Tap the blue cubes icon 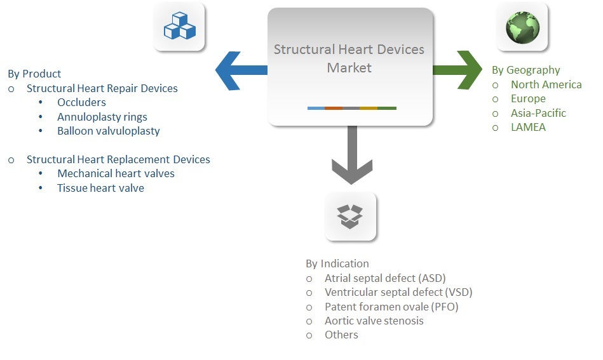[x=180, y=26]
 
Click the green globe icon [x=522, y=27]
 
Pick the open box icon [x=350, y=216]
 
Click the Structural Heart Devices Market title [x=349, y=58]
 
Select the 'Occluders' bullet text [x=81, y=102]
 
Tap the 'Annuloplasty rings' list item [x=102, y=117]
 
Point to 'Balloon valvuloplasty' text [x=108, y=131]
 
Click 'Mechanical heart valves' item [x=116, y=173]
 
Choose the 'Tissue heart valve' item [x=100, y=187]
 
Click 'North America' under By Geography [x=546, y=84]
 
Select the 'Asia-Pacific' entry [x=538, y=113]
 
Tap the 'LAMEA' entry [x=528, y=127]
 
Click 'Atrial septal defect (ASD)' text [x=385, y=278]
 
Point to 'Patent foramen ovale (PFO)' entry [x=391, y=307]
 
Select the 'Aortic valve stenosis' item [x=374, y=321]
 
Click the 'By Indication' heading [x=337, y=263]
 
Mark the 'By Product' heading [x=34, y=74]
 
